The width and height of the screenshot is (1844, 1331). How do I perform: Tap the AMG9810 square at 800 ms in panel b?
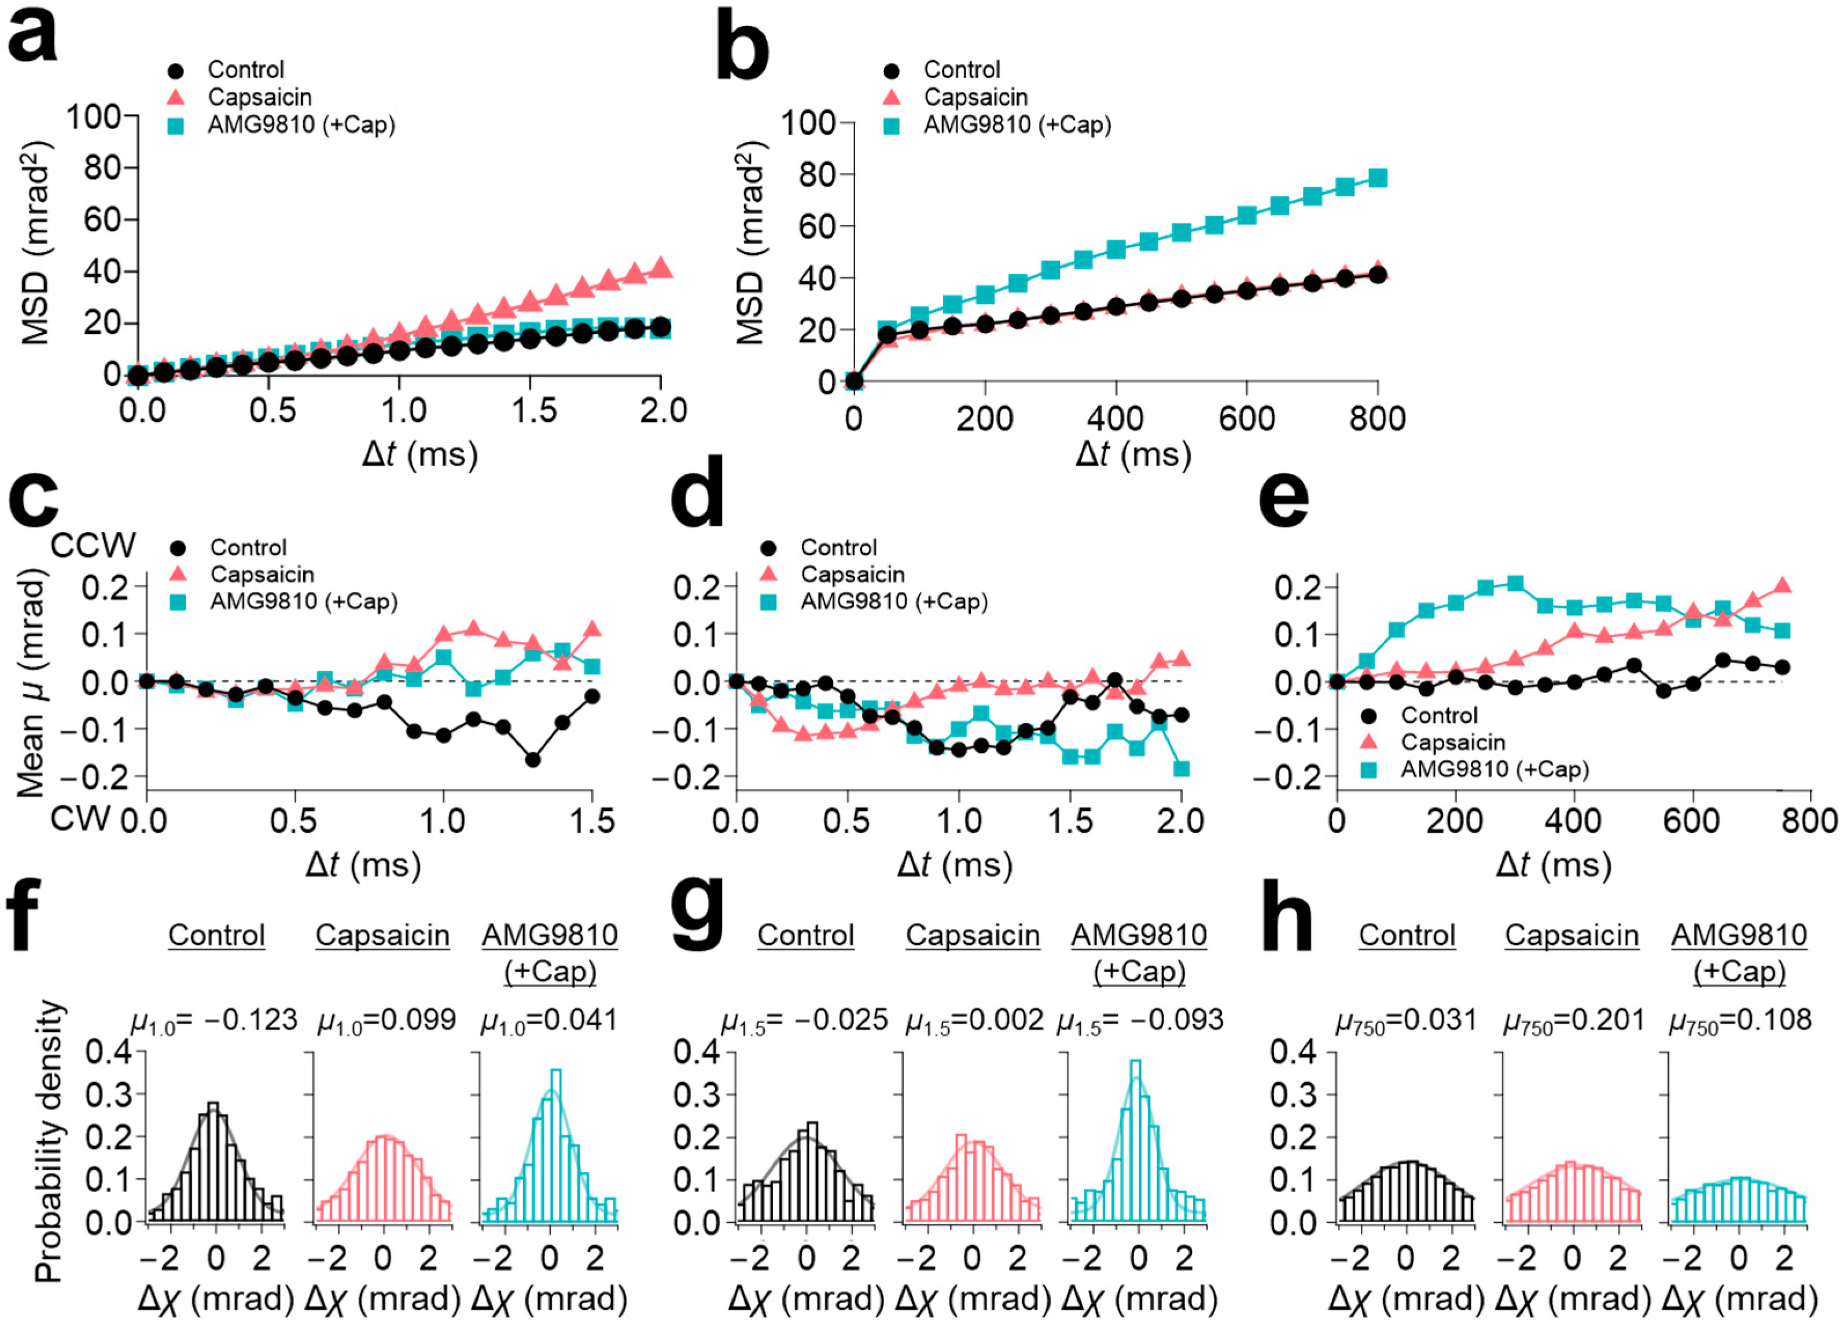(1377, 178)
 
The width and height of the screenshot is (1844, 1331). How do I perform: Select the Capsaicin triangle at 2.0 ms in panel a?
(661, 267)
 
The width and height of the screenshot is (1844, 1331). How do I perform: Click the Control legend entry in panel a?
(245, 70)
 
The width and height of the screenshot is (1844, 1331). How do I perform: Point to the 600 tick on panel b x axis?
(1246, 419)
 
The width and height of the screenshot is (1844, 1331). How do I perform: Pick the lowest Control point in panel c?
(532, 759)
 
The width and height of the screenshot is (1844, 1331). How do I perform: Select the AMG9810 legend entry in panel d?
(893, 602)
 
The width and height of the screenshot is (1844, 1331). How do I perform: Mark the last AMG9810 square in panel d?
(1182, 769)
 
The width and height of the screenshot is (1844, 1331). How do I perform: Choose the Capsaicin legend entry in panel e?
(1452, 742)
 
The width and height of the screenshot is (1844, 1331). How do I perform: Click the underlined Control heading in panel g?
(805, 935)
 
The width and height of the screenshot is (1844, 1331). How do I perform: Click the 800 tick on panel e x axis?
(1812, 821)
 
